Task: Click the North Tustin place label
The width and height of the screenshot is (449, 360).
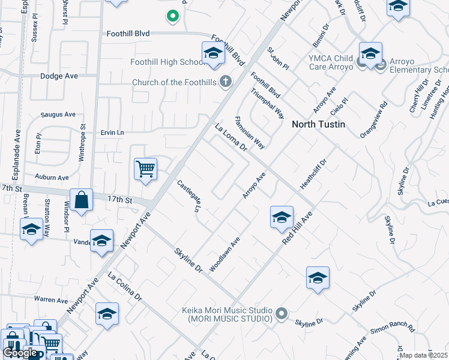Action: click(318, 125)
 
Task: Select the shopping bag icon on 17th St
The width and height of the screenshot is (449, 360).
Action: click(81, 201)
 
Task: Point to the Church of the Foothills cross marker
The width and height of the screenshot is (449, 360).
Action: click(226, 82)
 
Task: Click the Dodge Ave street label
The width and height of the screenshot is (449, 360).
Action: click(59, 76)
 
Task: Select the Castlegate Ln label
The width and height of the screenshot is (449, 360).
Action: click(189, 197)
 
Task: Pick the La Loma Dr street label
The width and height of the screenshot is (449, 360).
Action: click(231, 137)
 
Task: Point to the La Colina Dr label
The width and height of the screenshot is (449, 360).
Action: click(125, 287)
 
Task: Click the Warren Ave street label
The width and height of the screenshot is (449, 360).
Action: click(51, 299)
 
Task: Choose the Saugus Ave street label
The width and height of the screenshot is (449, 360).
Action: click(58, 114)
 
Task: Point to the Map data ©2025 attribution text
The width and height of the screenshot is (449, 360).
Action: click(423, 355)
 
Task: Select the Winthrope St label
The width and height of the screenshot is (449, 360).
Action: click(83, 139)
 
